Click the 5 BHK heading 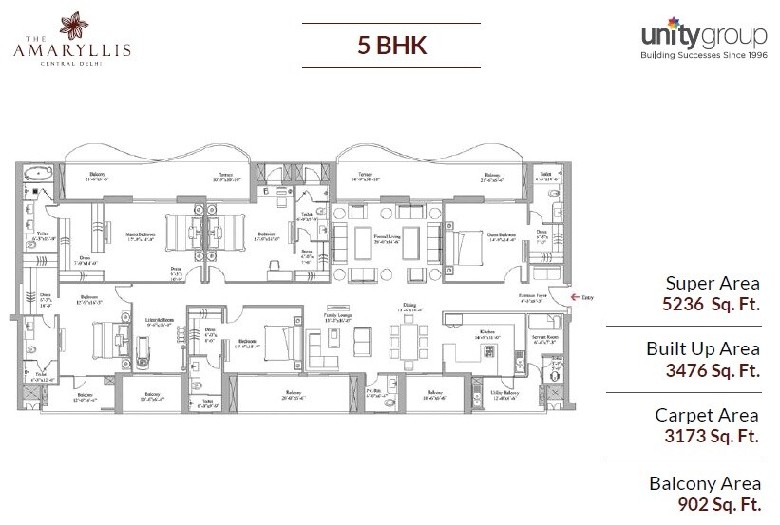click(x=390, y=46)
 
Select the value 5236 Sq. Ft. click(x=713, y=307)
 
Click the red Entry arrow click(x=574, y=297)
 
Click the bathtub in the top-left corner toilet click(x=38, y=174)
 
